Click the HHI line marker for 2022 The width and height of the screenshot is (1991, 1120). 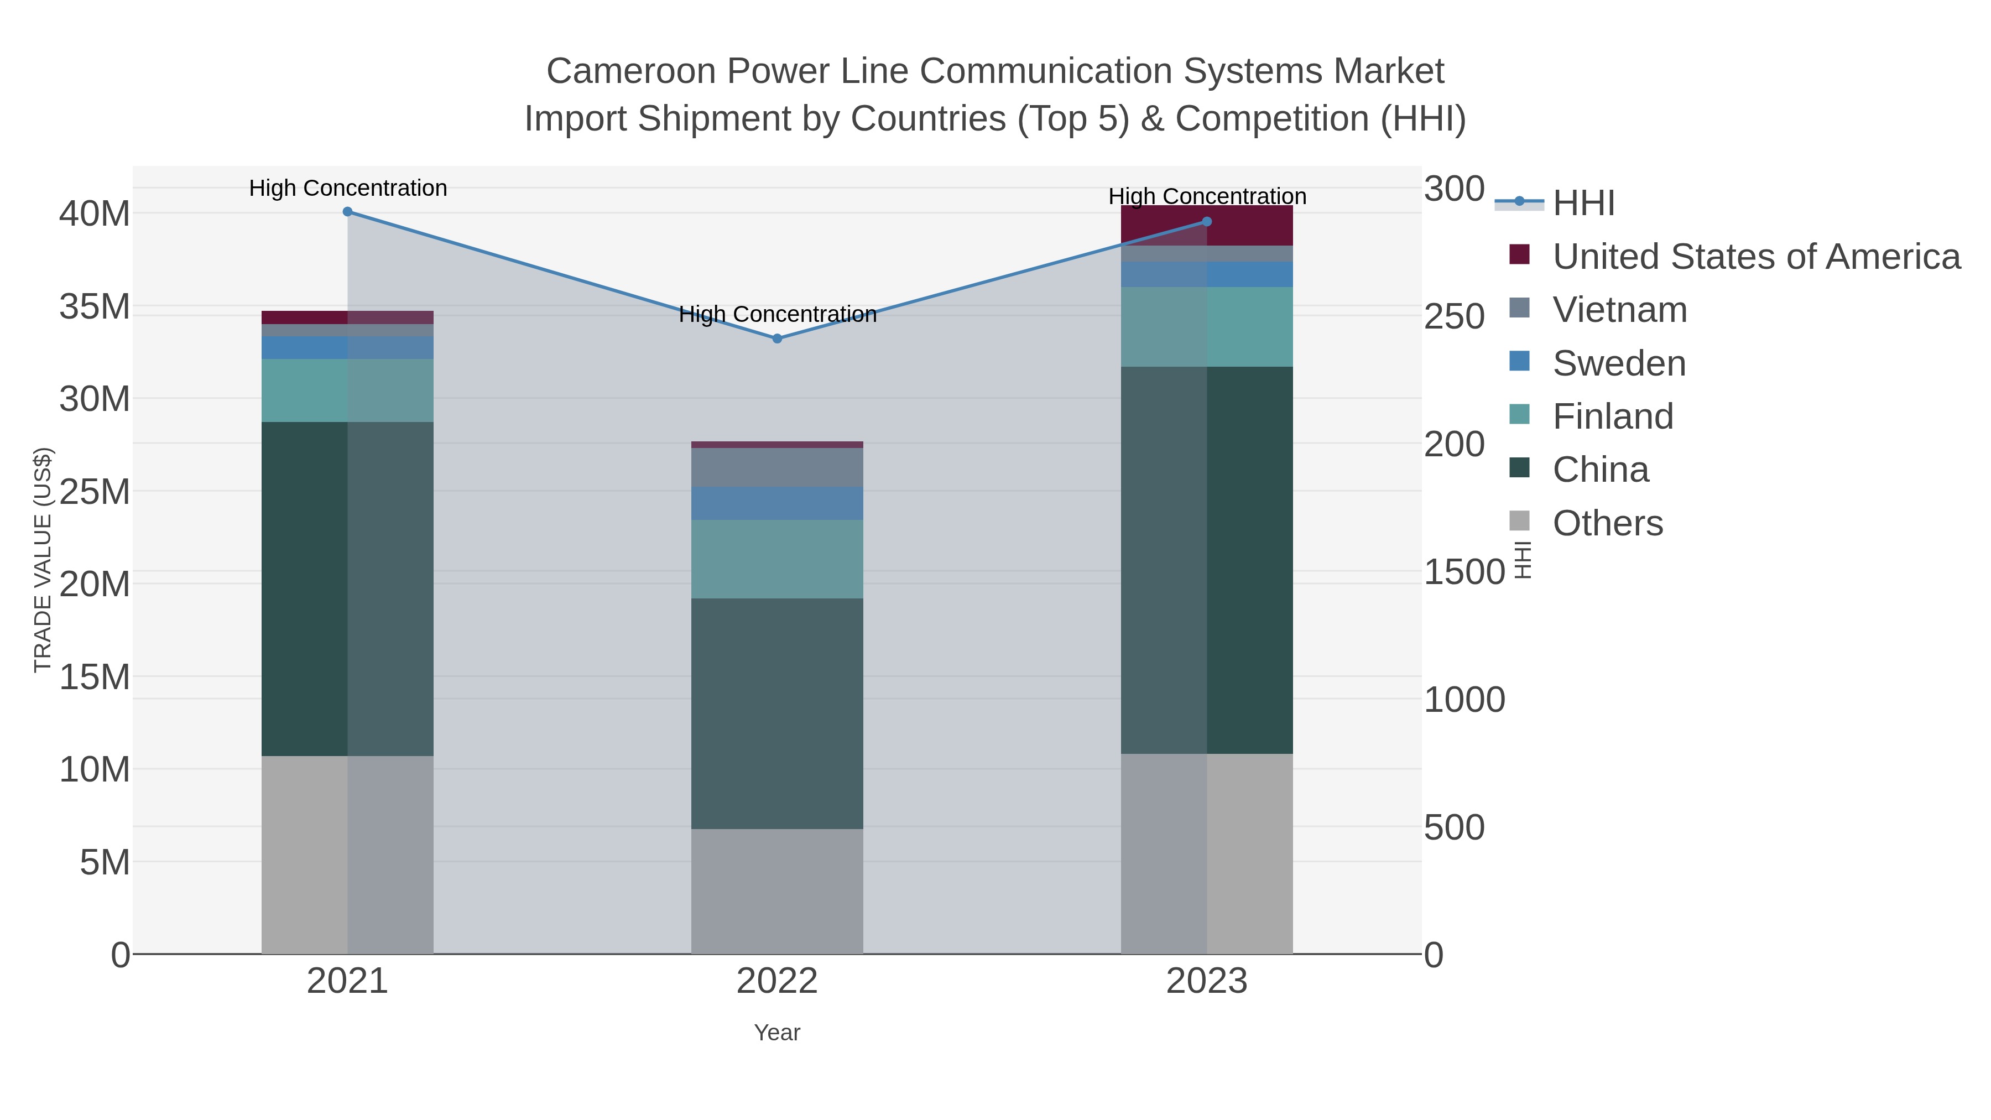click(777, 338)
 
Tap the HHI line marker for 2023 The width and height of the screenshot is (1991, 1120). click(1207, 222)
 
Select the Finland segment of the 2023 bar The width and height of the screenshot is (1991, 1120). click(1207, 327)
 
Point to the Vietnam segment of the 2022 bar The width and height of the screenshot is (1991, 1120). click(777, 467)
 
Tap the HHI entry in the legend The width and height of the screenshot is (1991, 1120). click(1583, 204)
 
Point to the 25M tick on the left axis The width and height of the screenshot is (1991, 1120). click(94, 492)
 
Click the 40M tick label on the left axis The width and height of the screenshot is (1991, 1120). click(94, 214)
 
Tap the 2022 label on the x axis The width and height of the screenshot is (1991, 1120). click(777, 982)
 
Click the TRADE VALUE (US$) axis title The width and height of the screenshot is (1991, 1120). click(43, 560)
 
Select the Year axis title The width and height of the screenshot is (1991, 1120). click(777, 1033)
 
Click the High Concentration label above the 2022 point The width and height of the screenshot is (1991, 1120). click(777, 315)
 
